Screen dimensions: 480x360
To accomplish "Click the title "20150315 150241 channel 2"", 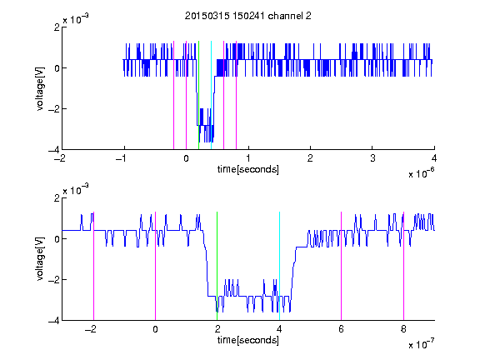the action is pos(248,16).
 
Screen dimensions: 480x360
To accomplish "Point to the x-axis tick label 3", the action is pos(372,158).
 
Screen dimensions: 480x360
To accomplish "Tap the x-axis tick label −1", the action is pos(122,158).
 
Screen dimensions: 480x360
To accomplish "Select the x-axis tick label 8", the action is pos(403,329).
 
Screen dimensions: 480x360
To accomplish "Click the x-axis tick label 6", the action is pos(342,329).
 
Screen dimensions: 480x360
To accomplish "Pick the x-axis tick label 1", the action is pos(248,158).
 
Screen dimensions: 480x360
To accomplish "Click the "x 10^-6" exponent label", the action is pos(421,173).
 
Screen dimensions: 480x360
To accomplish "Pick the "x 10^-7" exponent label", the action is pos(421,344).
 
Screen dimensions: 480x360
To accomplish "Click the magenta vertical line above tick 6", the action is pos(342,266).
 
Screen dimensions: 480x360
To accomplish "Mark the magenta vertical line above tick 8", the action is pos(403,266).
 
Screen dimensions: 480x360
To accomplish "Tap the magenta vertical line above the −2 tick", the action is pos(93,266).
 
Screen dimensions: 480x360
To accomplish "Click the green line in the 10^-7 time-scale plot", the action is pos(217,266).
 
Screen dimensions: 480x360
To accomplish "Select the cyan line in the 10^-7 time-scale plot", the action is pos(279,266).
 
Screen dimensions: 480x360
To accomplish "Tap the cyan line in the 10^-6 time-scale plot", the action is pos(211,95).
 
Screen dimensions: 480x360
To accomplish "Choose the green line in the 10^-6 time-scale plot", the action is pos(198,95).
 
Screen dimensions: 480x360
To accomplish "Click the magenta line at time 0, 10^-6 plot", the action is pos(186,95).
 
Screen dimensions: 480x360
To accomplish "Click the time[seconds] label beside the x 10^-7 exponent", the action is pos(248,340).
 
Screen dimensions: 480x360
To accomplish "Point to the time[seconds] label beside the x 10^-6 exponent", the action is pos(248,169).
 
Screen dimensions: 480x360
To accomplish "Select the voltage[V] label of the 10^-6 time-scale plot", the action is pos(40,89).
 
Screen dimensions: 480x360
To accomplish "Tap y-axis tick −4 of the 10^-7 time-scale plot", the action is pos(54,321).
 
